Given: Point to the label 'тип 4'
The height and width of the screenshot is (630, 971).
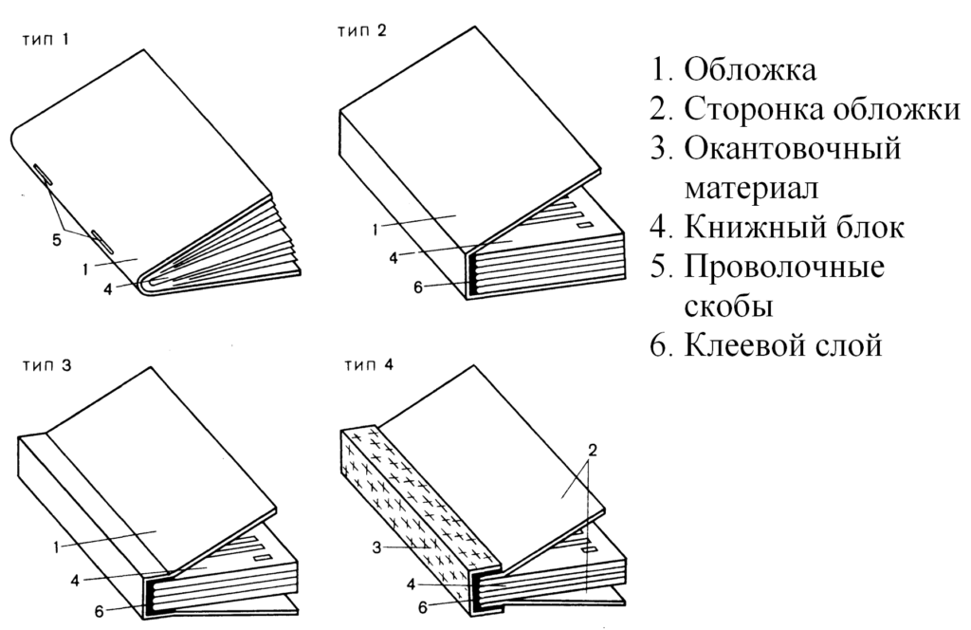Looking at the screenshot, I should point(363,367).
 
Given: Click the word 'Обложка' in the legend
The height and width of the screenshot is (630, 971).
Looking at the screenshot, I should point(750,70).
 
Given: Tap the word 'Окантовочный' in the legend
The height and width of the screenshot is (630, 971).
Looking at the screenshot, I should point(791,149).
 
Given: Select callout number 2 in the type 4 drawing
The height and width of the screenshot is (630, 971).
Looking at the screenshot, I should point(591,453).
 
